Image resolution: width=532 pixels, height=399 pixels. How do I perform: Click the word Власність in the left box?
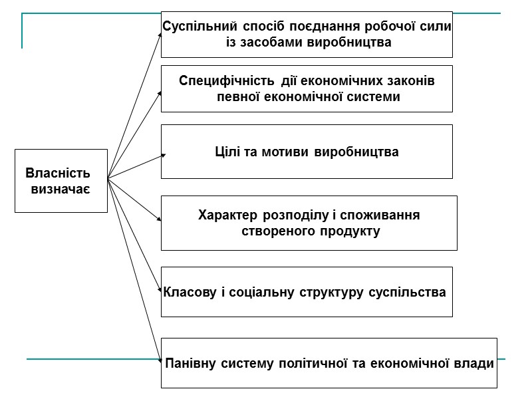tap(57, 174)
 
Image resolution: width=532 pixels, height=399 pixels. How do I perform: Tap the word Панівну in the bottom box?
tap(193, 364)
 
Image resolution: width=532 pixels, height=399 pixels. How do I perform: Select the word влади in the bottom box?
tap(476, 364)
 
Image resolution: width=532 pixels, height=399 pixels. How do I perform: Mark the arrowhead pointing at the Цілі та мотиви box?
tap(163, 156)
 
